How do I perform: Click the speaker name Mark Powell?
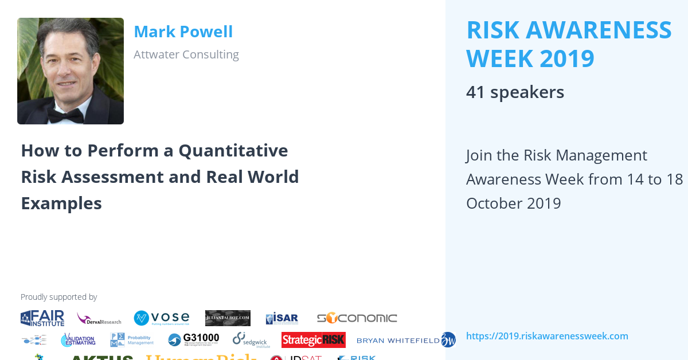pos(183,32)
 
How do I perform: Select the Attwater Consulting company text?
pos(186,54)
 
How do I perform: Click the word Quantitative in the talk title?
pos(233,150)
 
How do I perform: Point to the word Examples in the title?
pos(61,203)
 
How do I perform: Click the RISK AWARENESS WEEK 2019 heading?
pos(569,44)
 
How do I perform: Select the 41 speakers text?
pos(515,92)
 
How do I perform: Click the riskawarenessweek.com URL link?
pos(547,336)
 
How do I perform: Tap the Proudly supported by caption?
pos(58,297)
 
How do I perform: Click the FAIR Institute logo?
pos(42,318)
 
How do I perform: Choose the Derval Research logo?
pos(99,319)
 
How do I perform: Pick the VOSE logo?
pos(161,318)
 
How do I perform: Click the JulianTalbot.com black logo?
pos(228,318)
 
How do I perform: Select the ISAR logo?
pos(282,319)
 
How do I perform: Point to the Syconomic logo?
pos(357,318)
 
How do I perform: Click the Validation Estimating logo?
pos(78,340)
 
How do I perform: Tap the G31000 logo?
pos(193,340)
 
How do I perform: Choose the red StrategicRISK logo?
pos(313,340)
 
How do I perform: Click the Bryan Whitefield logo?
pos(405,340)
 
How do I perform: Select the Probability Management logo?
pos(132,340)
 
